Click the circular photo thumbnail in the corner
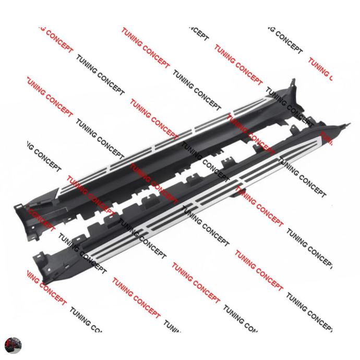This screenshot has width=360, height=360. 13,345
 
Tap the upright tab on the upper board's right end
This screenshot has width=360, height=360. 293,83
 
